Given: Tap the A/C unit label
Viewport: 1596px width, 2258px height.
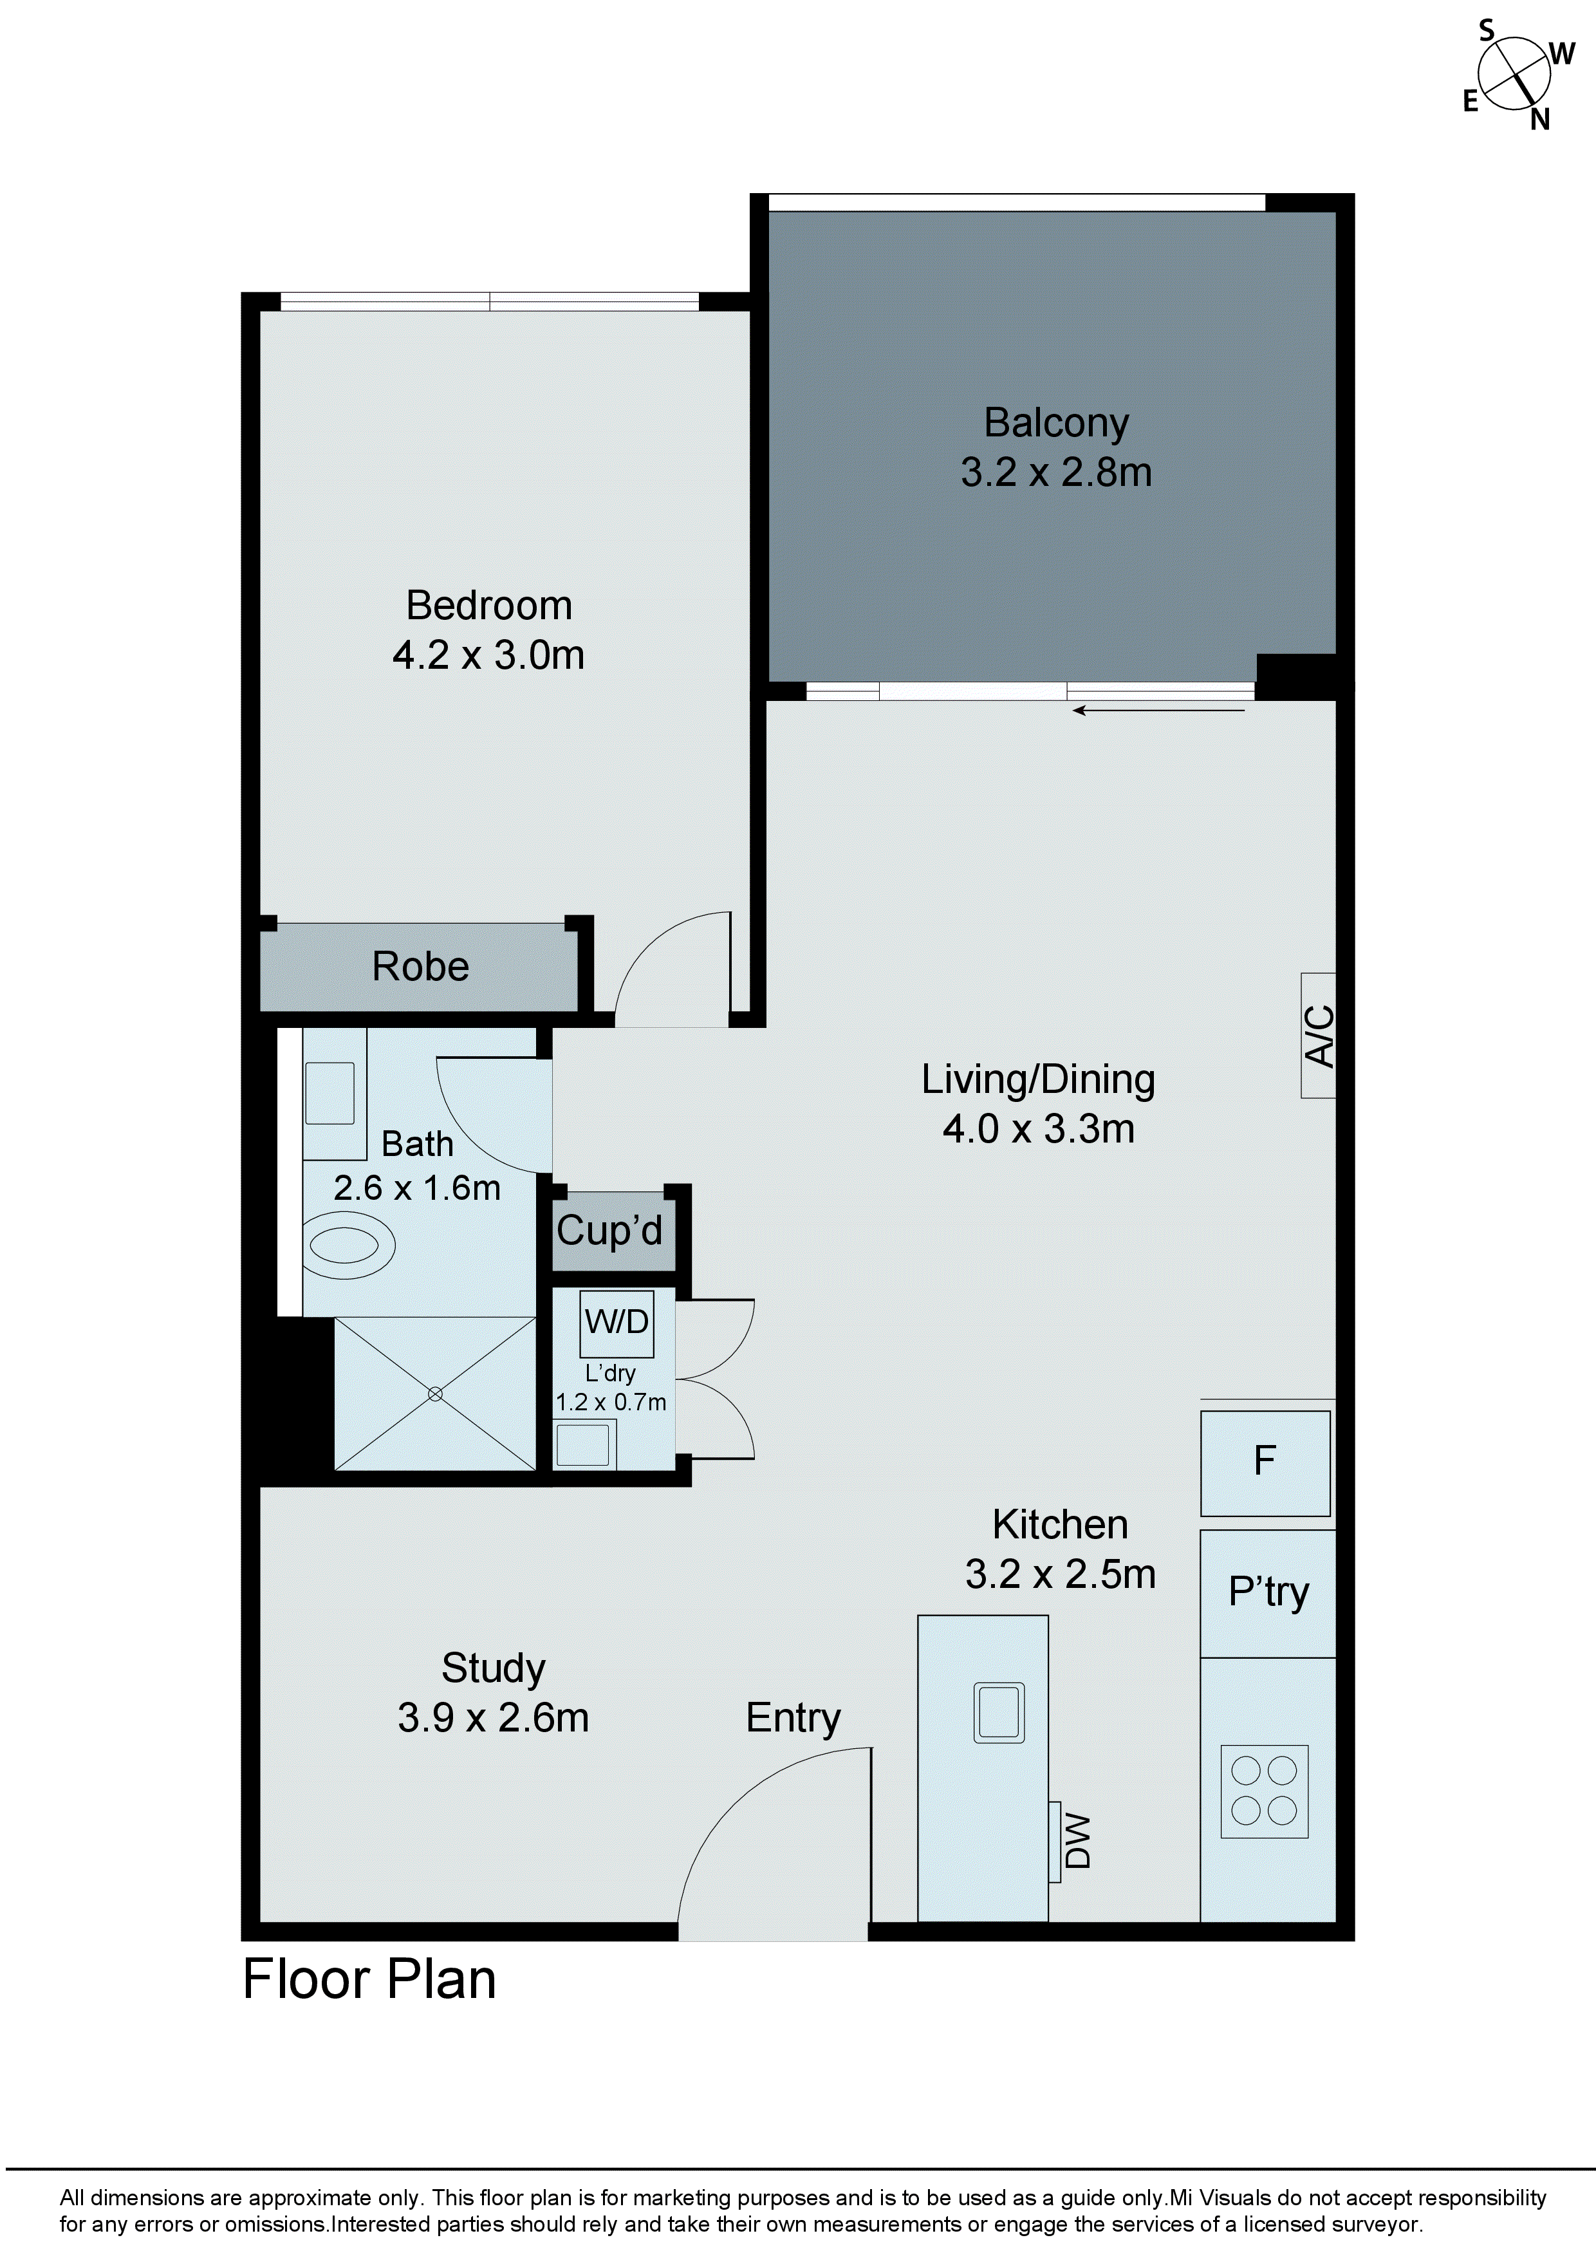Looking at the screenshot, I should [1319, 1036].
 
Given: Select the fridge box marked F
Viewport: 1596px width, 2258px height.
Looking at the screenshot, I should [1265, 1462].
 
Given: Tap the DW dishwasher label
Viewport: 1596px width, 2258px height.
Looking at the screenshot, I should [1078, 1841].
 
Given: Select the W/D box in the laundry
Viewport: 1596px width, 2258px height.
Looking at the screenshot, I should [617, 1323].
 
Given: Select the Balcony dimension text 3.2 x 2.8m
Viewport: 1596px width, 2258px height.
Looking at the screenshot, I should [1056, 473].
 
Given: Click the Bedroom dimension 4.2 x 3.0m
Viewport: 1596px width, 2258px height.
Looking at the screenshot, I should [488, 656].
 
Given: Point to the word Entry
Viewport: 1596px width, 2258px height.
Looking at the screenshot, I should [793, 1718].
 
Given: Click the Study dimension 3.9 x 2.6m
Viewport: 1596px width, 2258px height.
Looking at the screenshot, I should [493, 1718].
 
